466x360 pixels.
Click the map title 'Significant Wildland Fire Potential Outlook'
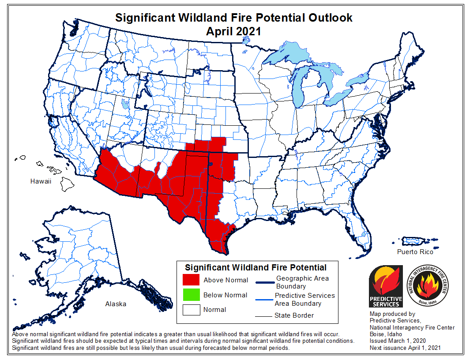233,18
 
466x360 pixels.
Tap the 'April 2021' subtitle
233,31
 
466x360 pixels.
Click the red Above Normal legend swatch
191,280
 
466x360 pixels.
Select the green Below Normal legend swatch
191,295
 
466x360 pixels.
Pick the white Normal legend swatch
191,310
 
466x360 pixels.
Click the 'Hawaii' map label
41,181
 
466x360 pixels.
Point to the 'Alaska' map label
116,304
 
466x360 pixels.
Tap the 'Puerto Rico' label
415,252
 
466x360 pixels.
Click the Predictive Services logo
386,286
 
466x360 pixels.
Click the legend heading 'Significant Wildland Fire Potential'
256,267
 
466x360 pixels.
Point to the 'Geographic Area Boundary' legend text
302,282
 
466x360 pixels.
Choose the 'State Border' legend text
295,315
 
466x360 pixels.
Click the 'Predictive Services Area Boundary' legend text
304,299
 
